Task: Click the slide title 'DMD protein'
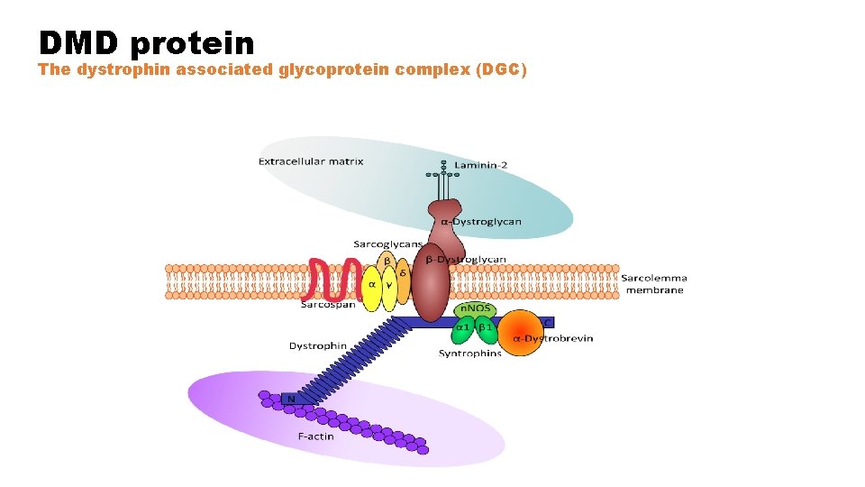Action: click(146, 41)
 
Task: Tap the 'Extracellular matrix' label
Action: click(311, 162)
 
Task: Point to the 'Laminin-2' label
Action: click(480, 165)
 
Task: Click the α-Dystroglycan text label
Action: click(480, 222)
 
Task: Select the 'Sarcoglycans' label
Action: click(387, 244)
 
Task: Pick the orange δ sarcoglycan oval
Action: click(403, 274)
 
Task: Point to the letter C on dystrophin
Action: click(549, 322)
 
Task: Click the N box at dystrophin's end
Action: click(290, 399)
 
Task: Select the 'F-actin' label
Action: click(315, 436)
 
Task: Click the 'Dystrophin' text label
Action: click(317, 345)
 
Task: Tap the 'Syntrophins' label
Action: click(469, 354)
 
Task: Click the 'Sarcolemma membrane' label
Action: click(654, 284)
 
